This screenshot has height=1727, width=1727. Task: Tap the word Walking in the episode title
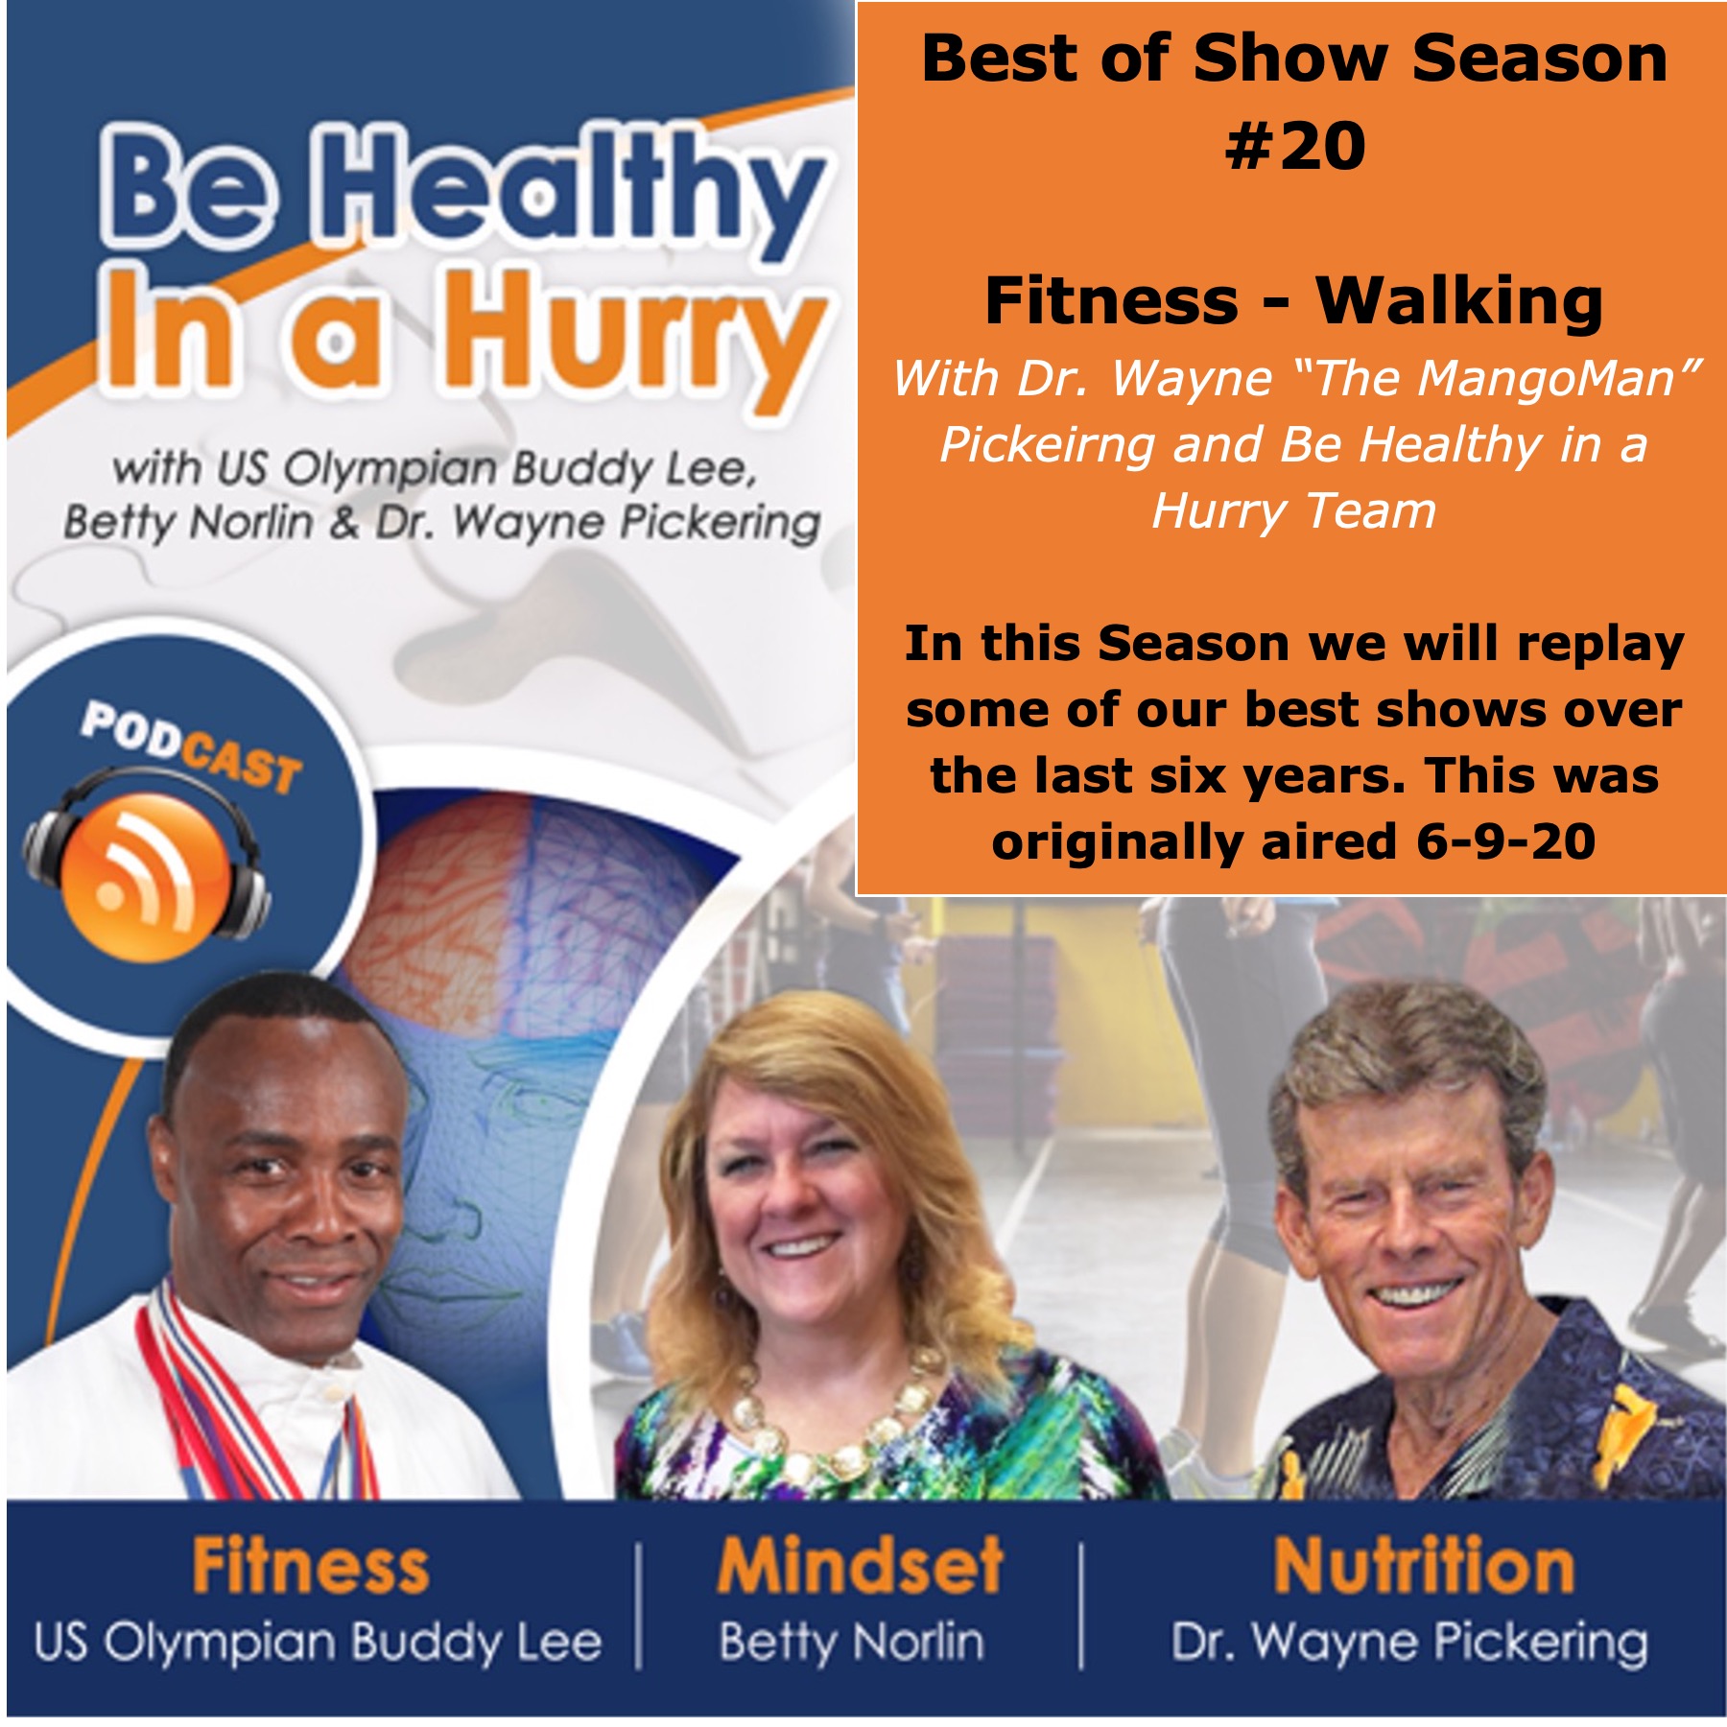(x=1459, y=301)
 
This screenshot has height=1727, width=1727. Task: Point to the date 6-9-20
(x=1505, y=841)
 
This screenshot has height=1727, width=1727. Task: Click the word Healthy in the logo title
(x=572, y=193)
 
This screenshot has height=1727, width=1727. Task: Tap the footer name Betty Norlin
(x=852, y=1643)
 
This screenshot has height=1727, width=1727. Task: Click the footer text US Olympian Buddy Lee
(x=318, y=1643)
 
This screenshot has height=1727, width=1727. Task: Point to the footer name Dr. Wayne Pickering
(x=1409, y=1643)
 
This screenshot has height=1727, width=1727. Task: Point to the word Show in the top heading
(x=1290, y=59)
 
